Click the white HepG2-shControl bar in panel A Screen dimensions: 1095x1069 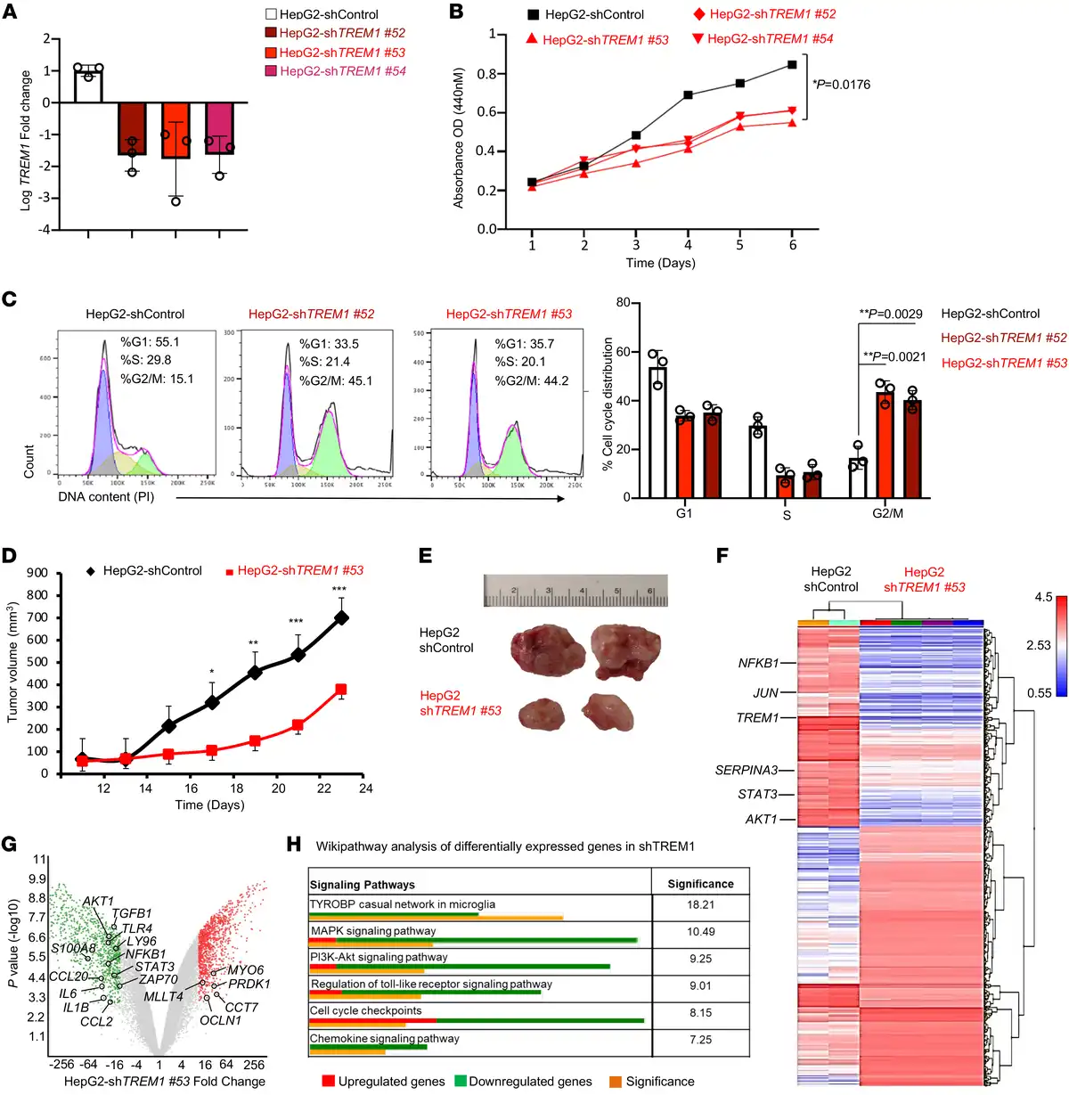coord(88,86)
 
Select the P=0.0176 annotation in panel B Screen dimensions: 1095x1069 coord(842,85)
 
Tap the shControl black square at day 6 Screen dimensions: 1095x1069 coord(792,64)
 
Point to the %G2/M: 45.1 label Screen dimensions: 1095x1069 coord(336,380)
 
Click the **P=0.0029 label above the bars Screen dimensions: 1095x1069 coord(890,314)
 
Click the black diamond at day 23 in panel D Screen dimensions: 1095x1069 coord(341,617)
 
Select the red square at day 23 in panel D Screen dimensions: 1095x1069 coord(341,690)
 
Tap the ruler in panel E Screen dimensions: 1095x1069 coord(575,591)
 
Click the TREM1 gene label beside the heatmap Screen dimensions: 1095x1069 coord(757,718)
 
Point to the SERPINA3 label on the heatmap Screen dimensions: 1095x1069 coord(746,770)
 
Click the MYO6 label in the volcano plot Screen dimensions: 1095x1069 coord(245,969)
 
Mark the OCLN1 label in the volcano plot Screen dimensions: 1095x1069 coord(220,1020)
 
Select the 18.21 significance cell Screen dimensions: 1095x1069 coord(700,904)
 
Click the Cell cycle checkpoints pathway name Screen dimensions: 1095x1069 coord(365,1011)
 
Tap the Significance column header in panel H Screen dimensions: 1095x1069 coord(700,884)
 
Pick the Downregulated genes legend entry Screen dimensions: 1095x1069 coord(530,1082)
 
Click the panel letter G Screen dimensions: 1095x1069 coord(10,845)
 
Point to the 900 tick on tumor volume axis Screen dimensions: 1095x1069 coord(37,574)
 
